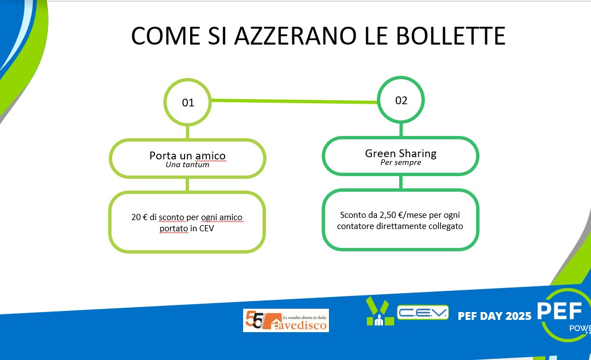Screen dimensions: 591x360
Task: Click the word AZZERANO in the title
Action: (x=295, y=36)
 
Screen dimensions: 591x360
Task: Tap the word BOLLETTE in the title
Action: (x=450, y=36)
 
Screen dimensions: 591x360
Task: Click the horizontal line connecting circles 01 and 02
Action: (x=294, y=101)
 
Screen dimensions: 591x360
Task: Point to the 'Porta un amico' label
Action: (x=187, y=155)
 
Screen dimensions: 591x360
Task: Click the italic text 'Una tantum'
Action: (x=187, y=164)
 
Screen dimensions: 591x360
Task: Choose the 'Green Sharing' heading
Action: (x=401, y=153)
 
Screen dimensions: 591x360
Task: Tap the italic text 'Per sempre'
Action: (x=401, y=162)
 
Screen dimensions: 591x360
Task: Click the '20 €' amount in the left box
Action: (x=139, y=217)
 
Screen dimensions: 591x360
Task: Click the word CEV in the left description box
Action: (x=206, y=228)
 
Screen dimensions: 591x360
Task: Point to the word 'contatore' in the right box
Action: (x=355, y=226)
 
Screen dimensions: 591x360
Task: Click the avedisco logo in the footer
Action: (x=286, y=320)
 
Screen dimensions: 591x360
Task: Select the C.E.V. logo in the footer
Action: (x=423, y=313)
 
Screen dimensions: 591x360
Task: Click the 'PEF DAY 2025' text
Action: (x=495, y=316)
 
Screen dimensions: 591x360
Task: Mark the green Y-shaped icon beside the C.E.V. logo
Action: (x=380, y=311)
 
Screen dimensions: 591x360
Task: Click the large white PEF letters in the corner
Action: (x=560, y=311)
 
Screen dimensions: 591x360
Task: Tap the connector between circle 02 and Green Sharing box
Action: (x=401, y=130)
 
